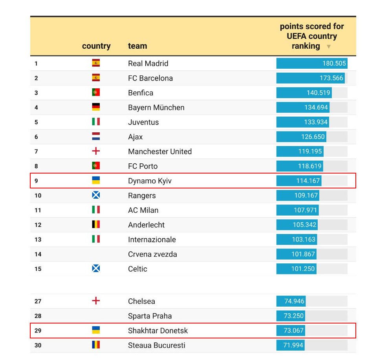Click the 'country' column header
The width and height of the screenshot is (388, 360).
click(96, 46)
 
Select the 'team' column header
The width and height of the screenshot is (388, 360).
click(137, 46)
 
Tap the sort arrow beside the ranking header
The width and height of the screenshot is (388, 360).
click(329, 47)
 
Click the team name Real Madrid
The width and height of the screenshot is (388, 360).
click(148, 64)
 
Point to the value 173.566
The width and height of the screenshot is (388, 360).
click(331, 78)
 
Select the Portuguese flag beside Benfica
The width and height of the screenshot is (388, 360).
click(96, 93)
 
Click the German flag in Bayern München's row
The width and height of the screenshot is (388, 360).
click(96, 107)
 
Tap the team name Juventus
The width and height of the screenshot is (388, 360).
click(143, 122)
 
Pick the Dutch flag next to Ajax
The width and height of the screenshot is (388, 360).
click(96, 137)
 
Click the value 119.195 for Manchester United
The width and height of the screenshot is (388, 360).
click(310, 152)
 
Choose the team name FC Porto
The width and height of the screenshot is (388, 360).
click(143, 166)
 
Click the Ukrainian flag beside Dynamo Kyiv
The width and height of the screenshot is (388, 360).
click(96, 181)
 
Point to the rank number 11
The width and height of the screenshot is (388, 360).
click(38, 210)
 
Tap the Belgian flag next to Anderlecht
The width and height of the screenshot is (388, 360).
click(96, 225)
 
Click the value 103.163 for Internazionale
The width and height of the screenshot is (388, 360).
click(304, 239)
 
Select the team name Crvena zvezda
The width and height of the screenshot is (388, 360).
click(152, 254)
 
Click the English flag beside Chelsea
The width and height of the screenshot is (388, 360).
click(96, 301)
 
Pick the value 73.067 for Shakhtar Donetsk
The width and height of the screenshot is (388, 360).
click(293, 331)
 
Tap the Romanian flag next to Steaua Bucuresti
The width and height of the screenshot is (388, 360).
click(96, 345)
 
